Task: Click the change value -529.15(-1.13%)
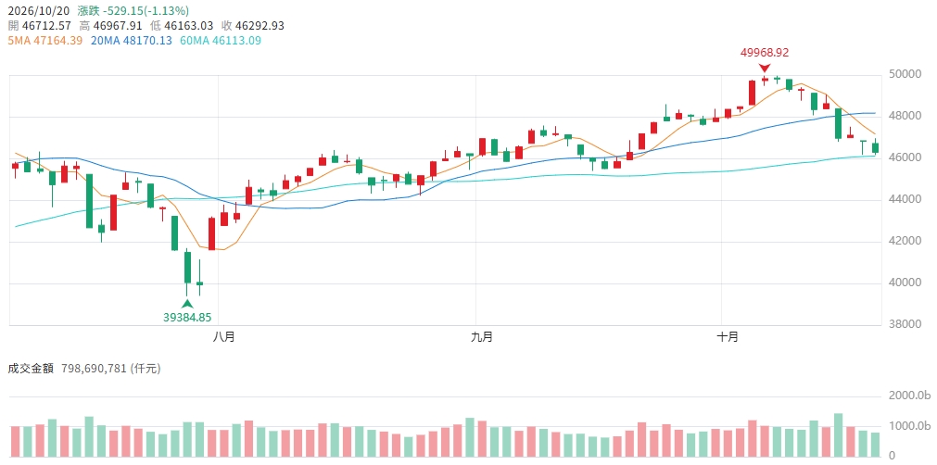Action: pos(143,10)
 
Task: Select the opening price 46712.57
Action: pos(46,26)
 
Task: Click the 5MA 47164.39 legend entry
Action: pos(44,41)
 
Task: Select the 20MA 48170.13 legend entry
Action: pos(132,41)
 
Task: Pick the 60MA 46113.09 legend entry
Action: pos(221,41)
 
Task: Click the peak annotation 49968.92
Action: pos(765,53)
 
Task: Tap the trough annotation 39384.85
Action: pos(187,317)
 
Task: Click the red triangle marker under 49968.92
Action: pos(765,68)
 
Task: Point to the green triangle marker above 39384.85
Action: pos(187,303)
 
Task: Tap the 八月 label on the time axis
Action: pos(224,337)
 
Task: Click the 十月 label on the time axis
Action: pos(728,337)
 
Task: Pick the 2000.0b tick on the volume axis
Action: pos(909,396)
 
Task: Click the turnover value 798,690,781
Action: pos(95,369)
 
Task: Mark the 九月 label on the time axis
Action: pos(482,337)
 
